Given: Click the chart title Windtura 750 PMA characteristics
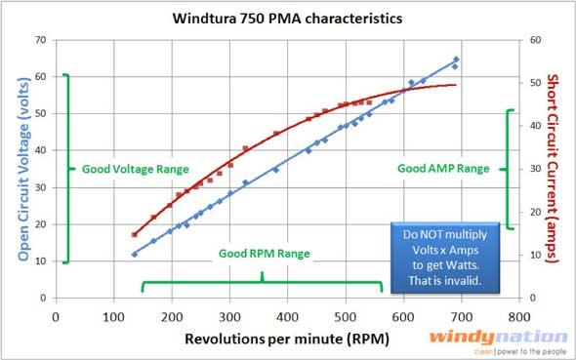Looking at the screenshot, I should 289,18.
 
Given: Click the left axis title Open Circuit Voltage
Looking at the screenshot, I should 21,169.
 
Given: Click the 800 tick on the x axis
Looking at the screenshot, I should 519,317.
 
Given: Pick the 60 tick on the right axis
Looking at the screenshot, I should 534,40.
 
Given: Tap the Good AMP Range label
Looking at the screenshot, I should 443,169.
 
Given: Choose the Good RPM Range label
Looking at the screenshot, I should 265,254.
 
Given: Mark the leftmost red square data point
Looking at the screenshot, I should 134,234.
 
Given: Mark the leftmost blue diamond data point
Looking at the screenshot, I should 134,255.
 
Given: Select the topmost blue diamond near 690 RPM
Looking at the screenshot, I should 456,60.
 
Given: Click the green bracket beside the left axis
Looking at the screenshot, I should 65,169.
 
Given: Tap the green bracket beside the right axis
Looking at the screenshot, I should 508,169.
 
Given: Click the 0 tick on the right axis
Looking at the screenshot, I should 532,298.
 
